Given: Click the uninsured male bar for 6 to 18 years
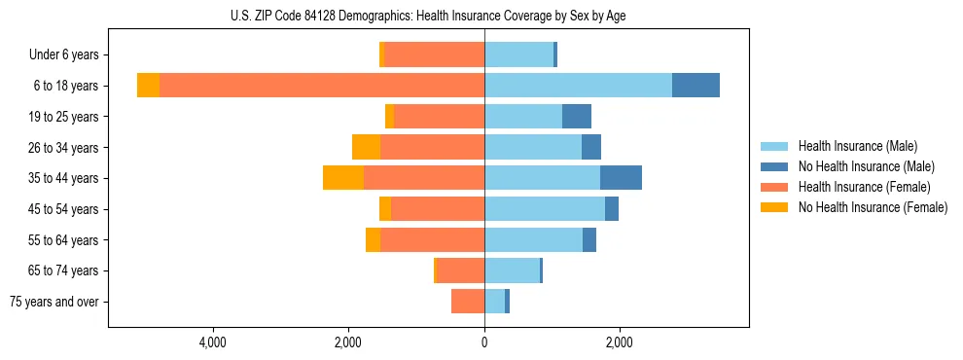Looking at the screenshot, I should pyautogui.click(x=695, y=86).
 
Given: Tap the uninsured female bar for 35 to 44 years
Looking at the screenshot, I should pyautogui.click(x=343, y=178).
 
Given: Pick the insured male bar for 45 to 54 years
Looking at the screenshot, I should pyautogui.click(x=545, y=209).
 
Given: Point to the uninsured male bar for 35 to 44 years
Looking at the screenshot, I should pyautogui.click(x=621, y=178).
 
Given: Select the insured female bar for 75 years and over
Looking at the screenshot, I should pyautogui.click(x=468, y=302).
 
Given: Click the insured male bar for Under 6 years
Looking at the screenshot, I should pyautogui.click(x=518, y=54).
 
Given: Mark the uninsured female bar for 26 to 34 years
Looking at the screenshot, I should pyautogui.click(x=366, y=147).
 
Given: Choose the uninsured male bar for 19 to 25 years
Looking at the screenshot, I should pyautogui.click(x=577, y=117).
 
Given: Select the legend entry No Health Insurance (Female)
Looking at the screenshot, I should pyautogui.click(x=873, y=207).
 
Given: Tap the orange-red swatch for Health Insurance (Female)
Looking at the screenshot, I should pyautogui.click(x=775, y=187).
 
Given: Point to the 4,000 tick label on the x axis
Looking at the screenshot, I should pyautogui.click(x=212, y=342).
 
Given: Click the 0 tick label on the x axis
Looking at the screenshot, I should pyautogui.click(x=484, y=342).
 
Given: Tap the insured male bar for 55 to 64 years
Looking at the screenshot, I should pyautogui.click(x=533, y=239).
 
